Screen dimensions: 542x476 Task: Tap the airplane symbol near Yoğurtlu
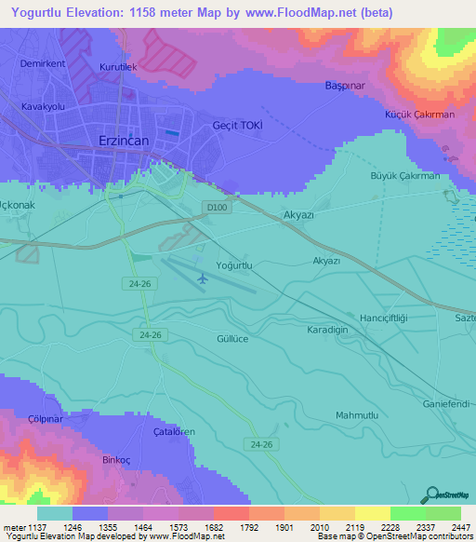[x=203, y=278]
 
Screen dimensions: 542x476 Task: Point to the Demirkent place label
[x=44, y=64]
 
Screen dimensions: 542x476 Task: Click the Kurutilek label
[x=118, y=68]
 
